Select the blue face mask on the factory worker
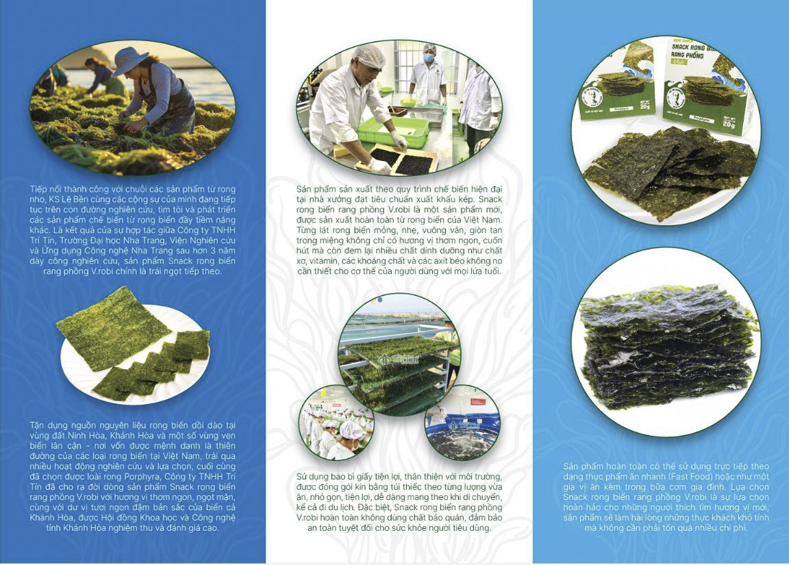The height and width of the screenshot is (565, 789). coord(429,58)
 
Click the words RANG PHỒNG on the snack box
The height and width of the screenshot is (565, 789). coord(688,55)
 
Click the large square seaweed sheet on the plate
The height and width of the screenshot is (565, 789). coord(115,327)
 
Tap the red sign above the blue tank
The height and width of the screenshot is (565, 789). coord(478,401)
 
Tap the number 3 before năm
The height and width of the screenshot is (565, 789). coord(212,251)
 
